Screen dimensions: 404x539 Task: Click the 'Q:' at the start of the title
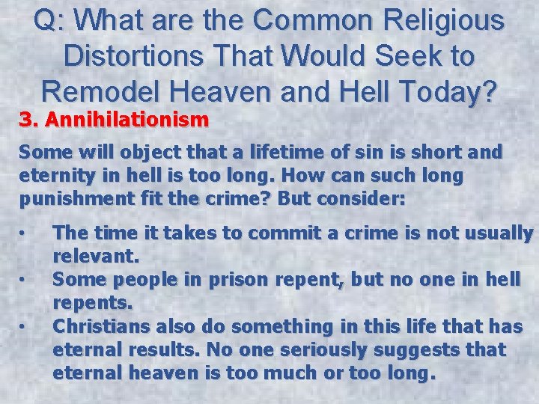coord(50,20)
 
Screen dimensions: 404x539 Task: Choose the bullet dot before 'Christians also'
coord(24,326)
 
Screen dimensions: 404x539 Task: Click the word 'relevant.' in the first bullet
coord(96,257)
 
